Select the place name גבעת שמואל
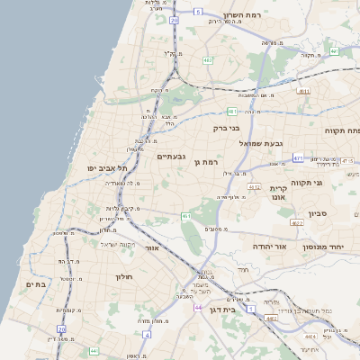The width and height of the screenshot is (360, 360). tap(261, 143)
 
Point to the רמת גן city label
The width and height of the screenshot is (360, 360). tap(207, 161)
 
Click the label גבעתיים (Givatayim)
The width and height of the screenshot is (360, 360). tap(171, 157)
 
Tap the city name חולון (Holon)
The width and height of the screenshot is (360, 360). tap(124, 276)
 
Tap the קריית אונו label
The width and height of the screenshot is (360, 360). tap(277, 193)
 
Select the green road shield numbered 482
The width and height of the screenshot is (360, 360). tap(209, 60)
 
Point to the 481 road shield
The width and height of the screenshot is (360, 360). tap(232, 112)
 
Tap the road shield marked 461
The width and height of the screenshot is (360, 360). tap(186, 216)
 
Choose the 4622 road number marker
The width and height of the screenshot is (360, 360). tap(296, 222)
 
